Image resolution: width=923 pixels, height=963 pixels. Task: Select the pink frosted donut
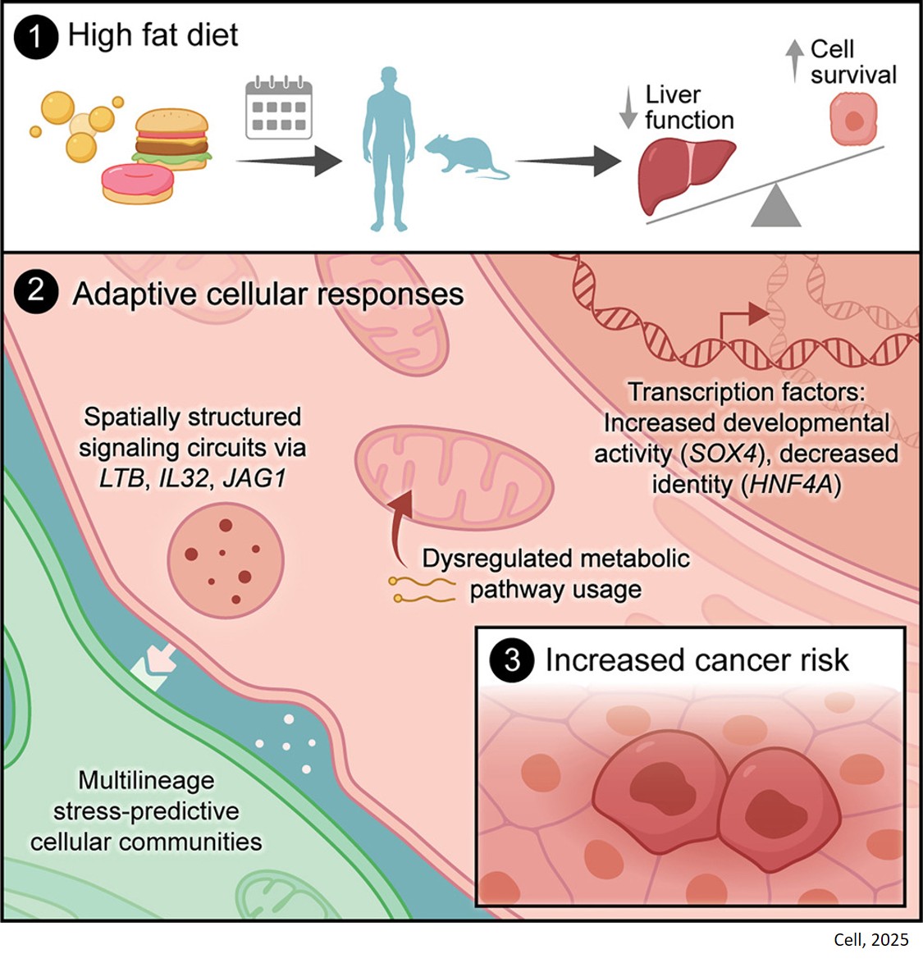137,182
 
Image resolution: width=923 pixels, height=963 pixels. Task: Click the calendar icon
280,108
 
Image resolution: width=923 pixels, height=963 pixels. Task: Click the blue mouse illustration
465,156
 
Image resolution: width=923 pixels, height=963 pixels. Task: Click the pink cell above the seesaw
853,119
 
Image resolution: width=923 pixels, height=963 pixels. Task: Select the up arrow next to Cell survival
794,61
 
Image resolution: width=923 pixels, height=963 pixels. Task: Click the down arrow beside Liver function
628,107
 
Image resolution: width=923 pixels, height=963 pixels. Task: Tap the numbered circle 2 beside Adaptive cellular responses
36,293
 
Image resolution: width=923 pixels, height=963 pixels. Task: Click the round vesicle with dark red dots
225,560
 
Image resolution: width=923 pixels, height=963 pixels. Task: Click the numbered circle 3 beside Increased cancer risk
512,659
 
